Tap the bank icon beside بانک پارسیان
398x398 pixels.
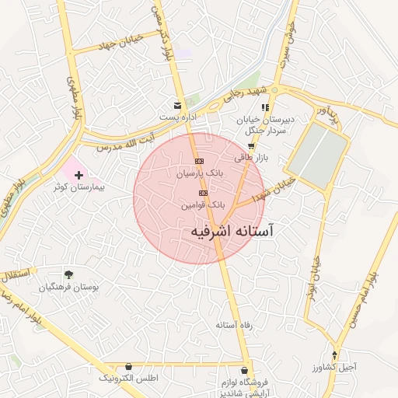199,160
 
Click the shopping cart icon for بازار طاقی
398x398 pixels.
250,145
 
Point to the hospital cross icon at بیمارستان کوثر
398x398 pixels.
79,176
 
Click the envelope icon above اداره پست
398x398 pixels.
178,105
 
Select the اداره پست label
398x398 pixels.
176,117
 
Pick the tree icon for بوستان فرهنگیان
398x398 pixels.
69,274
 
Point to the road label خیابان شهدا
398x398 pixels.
277,187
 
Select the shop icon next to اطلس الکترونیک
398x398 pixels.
128,366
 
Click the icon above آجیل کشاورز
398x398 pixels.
336,354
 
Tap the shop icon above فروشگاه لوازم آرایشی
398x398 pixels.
246,371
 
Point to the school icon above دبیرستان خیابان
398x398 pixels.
265,108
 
